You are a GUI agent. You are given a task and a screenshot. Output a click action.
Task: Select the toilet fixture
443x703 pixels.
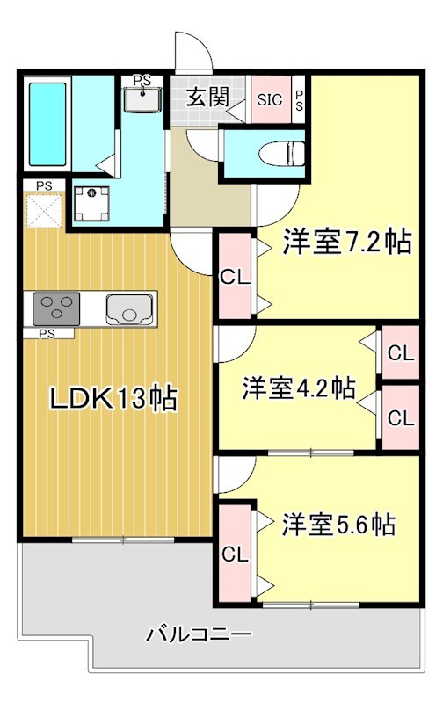(x=272, y=154)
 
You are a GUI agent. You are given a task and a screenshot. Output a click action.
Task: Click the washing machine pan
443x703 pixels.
(x=91, y=202)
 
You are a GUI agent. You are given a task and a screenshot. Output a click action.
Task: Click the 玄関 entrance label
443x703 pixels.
(x=207, y=98)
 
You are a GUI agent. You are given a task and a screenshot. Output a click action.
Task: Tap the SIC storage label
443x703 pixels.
(x=270, y=99)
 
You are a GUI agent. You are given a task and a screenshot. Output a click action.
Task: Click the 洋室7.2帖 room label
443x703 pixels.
(x=346, y=242)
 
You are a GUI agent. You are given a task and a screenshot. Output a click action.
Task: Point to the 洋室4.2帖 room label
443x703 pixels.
(x=299, y=388)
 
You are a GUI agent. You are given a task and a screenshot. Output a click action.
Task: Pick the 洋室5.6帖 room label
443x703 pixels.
(x=338, y=525)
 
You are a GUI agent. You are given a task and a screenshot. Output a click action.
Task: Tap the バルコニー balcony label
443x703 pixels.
(x=200, y=633)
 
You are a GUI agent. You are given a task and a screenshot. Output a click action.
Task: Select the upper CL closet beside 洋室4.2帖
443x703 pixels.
(x=400, y=354)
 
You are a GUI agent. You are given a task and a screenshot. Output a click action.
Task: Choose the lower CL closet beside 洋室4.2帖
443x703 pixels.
(x=400, y=417)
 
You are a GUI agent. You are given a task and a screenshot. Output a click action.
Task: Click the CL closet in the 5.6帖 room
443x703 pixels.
(x=234, y=554)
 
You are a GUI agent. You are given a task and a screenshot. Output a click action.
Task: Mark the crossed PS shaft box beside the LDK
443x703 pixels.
(x=42, y=211)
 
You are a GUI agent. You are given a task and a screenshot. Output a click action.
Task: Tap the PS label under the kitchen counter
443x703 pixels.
(x=47, y=334)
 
